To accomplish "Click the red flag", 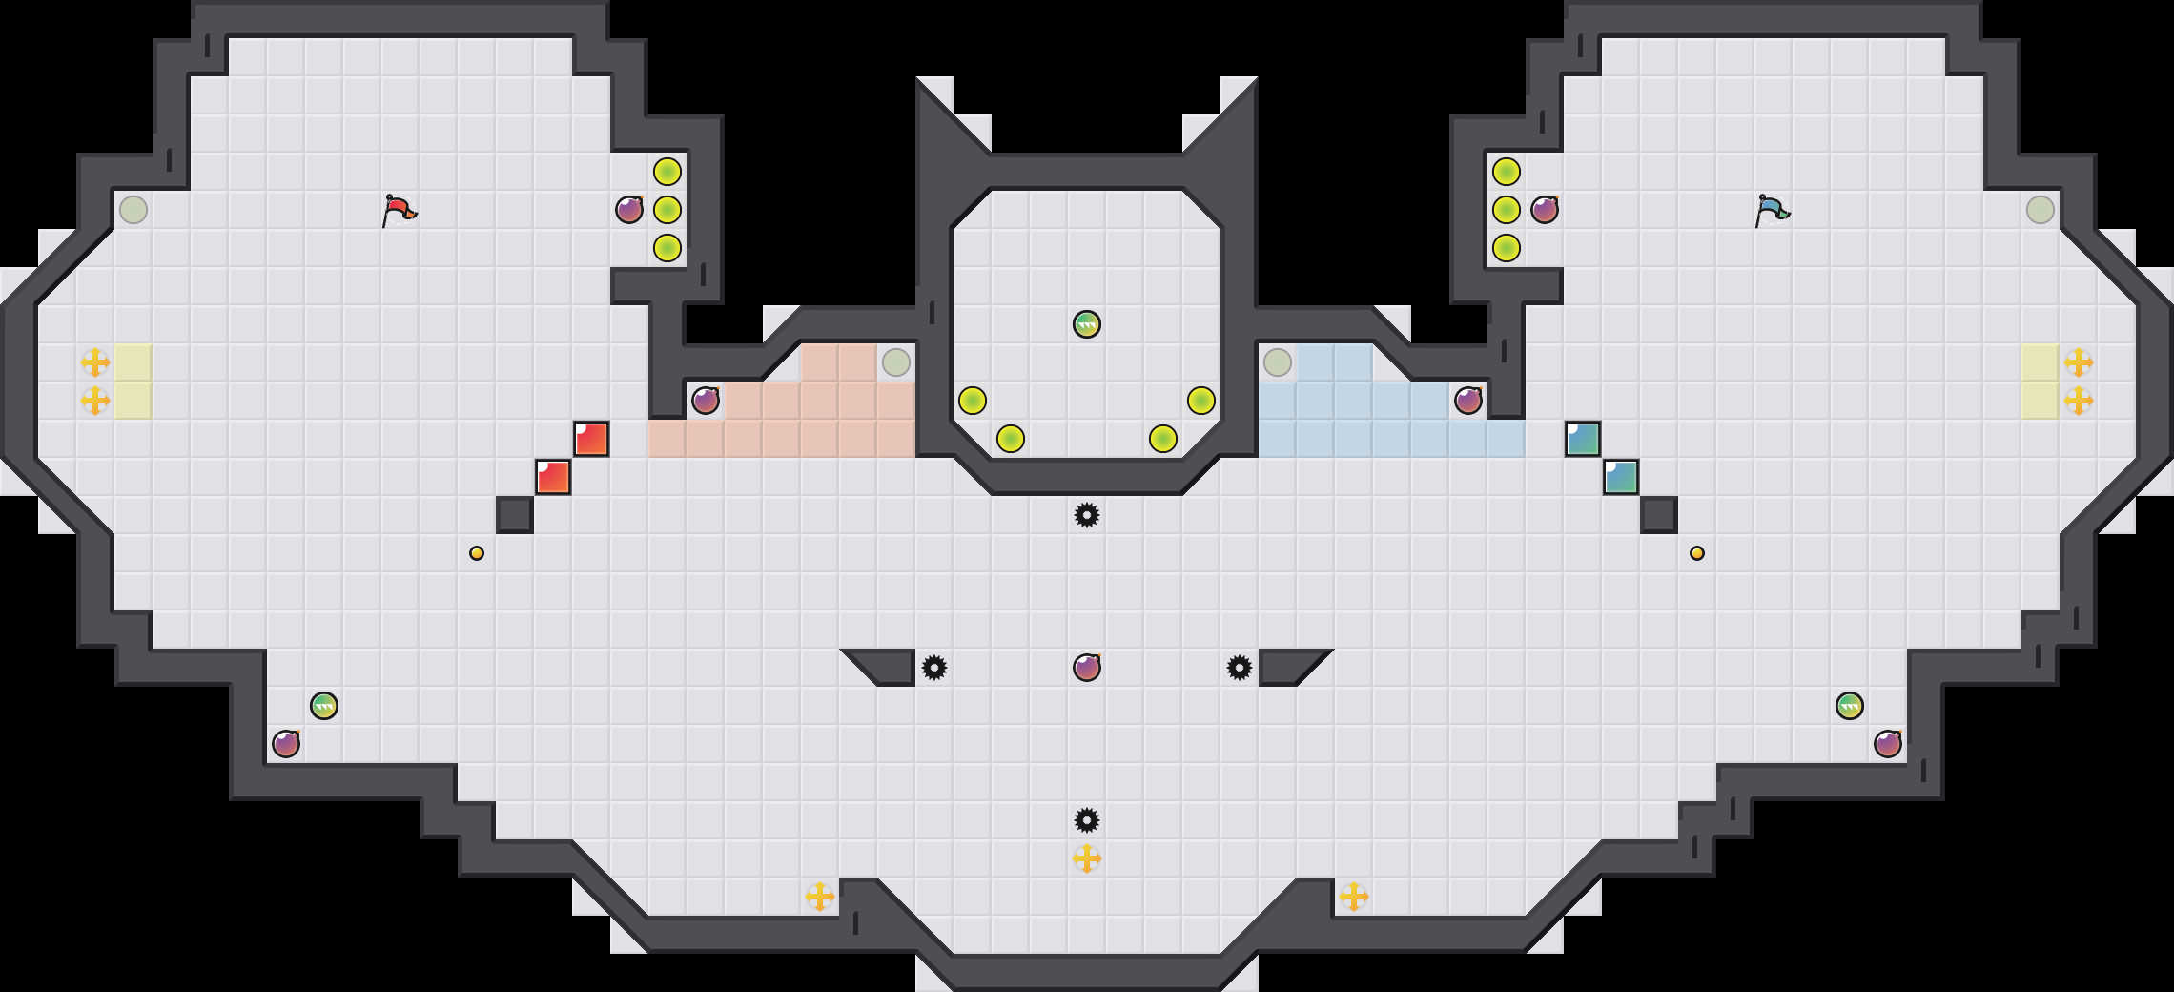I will [x=399, y=210].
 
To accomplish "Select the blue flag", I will [x=1772, y=210].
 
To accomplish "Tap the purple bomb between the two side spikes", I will [x=1087, y=668].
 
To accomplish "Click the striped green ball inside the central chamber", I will [x=1087, y=324].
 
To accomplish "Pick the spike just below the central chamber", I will [x=1087, y=515].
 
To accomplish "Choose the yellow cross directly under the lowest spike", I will [x=1087, y=858].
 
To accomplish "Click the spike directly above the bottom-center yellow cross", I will [x=1087, y=820].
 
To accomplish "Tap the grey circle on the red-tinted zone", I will [x=896, y=362].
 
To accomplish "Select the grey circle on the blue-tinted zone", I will [x=1278, y=362].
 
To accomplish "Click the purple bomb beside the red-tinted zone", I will [x=706, y=401].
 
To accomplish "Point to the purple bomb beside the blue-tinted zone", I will [x=1468, y=401].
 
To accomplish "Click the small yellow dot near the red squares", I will [x=477, y=553].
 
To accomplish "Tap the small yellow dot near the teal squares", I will [x=1697, y=553].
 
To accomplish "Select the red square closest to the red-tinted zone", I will [x=591, y=439].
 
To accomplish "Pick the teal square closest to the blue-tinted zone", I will [x=1583, y=439].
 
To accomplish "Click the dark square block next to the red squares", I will [x=515, y=515].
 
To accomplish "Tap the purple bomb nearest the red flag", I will [x=629, y=210].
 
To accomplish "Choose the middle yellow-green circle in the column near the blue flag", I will [x=1507, y=210].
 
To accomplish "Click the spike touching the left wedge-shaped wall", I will [x=934, y=668].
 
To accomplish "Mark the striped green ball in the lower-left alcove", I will [x=324, y=706].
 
